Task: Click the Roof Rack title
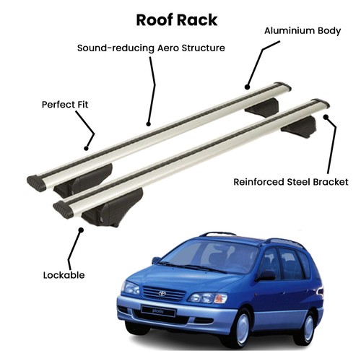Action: tap(177, 20)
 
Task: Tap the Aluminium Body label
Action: tap(303, 31)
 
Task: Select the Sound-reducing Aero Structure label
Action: tap(151, 48)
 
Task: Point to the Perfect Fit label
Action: tap(65, 105)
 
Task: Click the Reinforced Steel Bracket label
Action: tap(291, 182)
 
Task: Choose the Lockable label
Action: tap(64, 275)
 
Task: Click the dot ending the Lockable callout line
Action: tap(82, 230)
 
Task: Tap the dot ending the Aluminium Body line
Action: tap(247, 87)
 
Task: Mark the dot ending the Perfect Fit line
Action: tap(86, 148)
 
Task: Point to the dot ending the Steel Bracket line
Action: tap(326, 117)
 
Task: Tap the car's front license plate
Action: tap(158, 311)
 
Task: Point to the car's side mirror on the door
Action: tap(266, 276)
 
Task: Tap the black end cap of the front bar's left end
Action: tap(63, 209)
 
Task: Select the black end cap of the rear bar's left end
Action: tap(37, 183)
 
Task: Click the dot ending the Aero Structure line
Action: tap(149, 124)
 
